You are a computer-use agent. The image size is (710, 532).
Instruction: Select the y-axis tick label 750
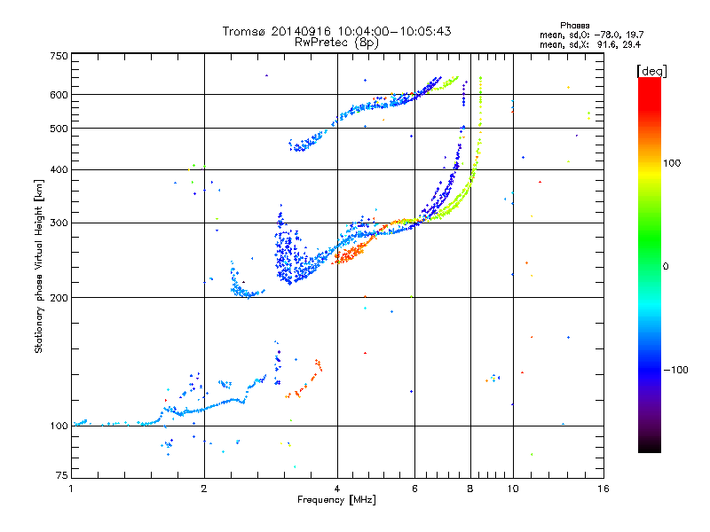coord(59,56)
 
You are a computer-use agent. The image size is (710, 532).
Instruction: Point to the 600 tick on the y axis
coord(59,95)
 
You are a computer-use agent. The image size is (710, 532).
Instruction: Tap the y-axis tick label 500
coord(59,129)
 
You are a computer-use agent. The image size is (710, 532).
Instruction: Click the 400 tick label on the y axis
coord(59,170)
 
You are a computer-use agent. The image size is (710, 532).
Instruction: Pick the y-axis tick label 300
coord(59,223)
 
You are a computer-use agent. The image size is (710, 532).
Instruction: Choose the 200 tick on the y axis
coord(59,298)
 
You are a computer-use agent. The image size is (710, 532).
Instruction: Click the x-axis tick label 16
coord(602,489)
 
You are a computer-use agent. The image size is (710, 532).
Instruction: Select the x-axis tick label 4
coord(337,489)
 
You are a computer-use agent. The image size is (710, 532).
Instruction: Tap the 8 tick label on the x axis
coord(470,489)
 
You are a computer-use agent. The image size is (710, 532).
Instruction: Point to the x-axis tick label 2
coord(204,489)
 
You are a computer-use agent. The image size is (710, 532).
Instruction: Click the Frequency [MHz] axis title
coord(336,500)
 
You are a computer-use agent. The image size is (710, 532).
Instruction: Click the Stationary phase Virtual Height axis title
coord(39,267)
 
